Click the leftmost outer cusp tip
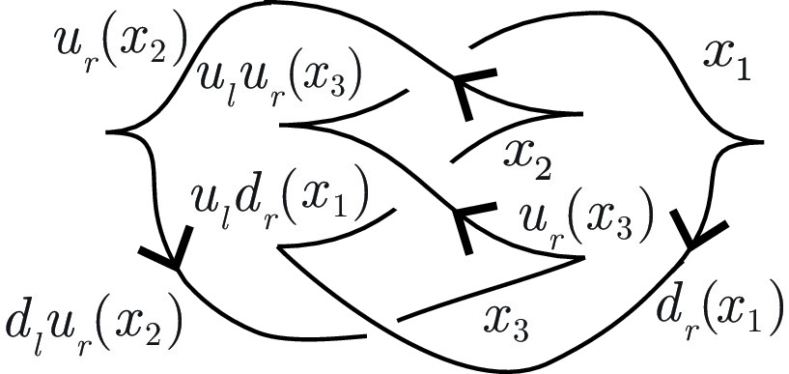107,131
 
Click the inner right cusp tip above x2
578,114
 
